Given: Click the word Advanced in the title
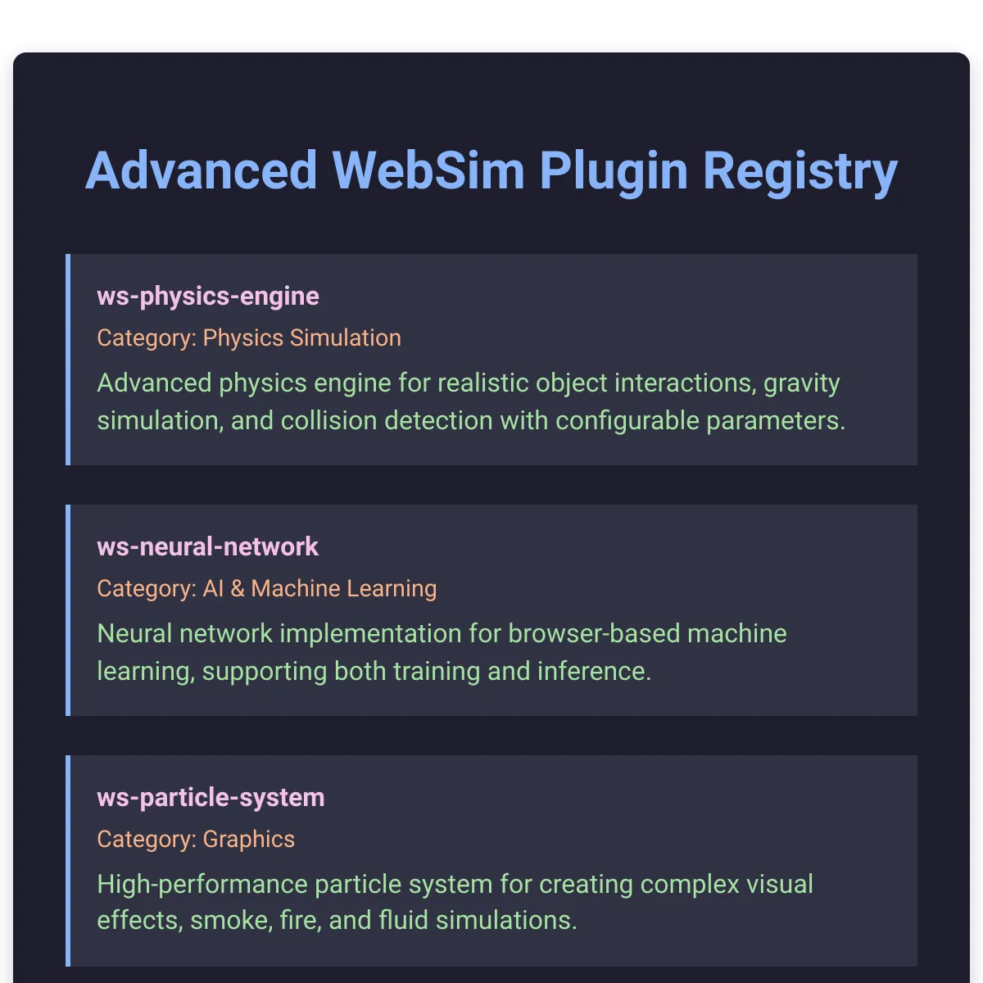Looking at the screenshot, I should (x=201, y=171).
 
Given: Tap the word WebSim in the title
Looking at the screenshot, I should (x=428, y=171).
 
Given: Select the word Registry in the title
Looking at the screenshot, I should (x=800, y=171).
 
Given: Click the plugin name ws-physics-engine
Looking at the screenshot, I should (x=208, y=296).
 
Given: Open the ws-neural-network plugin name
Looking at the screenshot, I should (x=207, y=546).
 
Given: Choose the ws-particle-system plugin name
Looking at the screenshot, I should (x=211, y=797).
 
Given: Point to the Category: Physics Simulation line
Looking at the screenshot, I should (x=249, y=337).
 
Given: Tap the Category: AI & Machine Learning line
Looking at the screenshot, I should (x=266, y=588).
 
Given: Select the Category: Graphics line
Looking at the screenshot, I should (x=196, y=839).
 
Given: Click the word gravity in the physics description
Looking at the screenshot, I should (x=802, y=383).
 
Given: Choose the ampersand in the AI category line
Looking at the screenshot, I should (x=238, y=588).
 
